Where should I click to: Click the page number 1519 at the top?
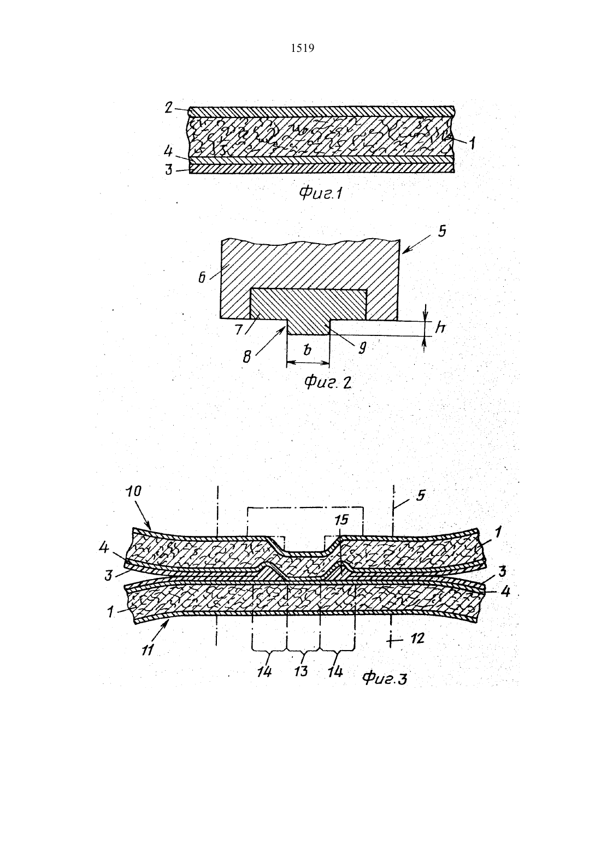click(x=302, y=48)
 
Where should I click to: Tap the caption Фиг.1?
click(x=321, y=194)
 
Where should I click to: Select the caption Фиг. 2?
click(x=328, y=383)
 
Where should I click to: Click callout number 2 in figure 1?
click(x=168, y=108)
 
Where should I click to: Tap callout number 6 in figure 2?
click(x=202, y=278)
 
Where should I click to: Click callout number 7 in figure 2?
click(x=238, y=329)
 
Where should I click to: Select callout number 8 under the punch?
click(x=247, y=357)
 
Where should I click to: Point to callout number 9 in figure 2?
click(x=362, y=348)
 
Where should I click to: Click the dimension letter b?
click(x=307, y=349)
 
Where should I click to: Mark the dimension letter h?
click(x=440, y=327)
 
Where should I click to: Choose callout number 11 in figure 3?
click(x=148, y=650)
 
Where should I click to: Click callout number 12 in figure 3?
click(x=417, y=639)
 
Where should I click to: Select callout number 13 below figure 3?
click(x=301, y=672)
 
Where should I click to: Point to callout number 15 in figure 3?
click(x=341, y=520)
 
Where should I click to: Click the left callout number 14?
click(x=264, y=672)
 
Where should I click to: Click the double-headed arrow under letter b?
click(x=308, y=363)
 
